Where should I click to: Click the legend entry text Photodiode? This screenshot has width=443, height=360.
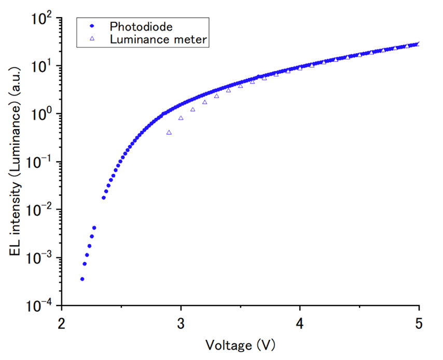pos(141,26)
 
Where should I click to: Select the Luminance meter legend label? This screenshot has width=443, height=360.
pos(159,39)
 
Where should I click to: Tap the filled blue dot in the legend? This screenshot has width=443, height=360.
pos(91,26)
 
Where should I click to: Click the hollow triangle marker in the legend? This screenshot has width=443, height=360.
pos(91,39)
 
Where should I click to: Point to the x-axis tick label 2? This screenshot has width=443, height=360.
pos(62,323)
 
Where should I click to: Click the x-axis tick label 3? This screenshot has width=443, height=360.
pos(181,323)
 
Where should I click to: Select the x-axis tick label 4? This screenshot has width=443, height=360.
pos(300,323)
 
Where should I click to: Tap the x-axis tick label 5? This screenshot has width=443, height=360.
pos(419,323)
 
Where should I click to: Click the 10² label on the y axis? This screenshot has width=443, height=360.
pos(40,19)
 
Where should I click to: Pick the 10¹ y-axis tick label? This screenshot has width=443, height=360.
pos(40,67)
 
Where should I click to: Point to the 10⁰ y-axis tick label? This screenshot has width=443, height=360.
pos(40,115)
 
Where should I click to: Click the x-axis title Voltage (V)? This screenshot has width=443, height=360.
pos(240,345)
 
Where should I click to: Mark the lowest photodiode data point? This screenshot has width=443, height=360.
pos(82,279)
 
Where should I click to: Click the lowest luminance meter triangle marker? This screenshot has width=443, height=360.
pos(169,132)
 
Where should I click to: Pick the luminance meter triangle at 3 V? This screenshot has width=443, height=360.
pos(181,118)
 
